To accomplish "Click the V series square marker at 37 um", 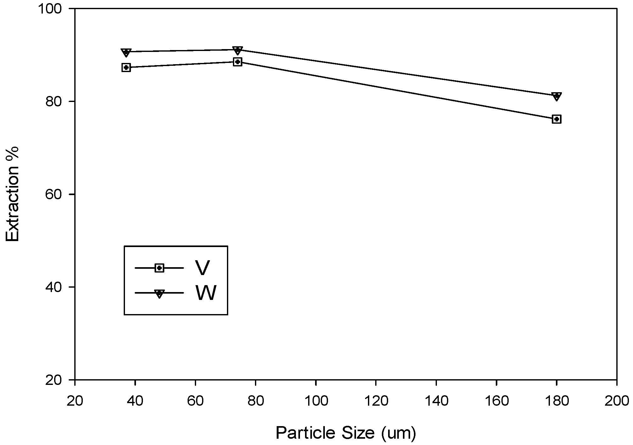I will coord(126,67).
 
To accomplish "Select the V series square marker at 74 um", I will coord(238,62).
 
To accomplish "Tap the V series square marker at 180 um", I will coord(557,119).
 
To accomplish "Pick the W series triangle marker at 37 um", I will coord(126,52).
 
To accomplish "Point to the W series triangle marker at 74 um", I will coord(238,50).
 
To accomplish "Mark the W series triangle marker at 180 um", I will coord(557,96).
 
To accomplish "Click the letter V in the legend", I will coord(202,268).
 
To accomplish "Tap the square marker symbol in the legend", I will coord(160,268).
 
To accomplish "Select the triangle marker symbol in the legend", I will coord(160,294).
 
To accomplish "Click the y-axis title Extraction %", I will coord(13,194).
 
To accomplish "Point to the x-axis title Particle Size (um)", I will coord(346,433).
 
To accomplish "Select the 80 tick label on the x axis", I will coord(255,401).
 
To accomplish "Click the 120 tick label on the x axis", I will coord(376,401).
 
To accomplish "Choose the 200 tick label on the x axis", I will coord(616,401).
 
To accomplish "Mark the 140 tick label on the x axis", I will coord(436,401).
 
